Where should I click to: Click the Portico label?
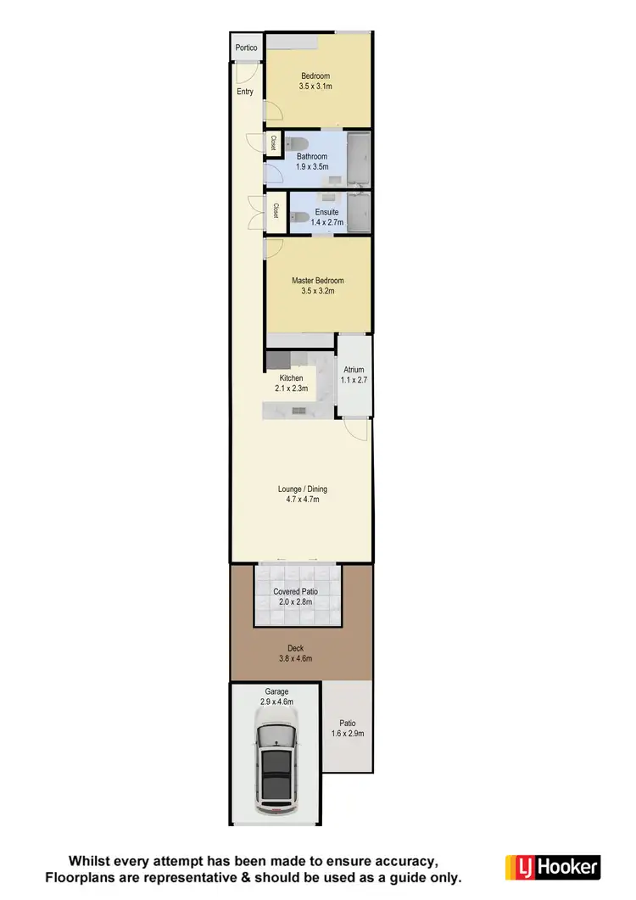[x=246, y=48]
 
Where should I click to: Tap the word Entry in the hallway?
[x=245, y=92]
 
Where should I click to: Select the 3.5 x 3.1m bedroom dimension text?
[x=315, y=87]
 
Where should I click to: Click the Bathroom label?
[x=312, y=156]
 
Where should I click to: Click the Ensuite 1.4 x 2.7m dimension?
[x=326, y=221]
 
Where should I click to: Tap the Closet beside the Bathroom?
[x=274, y=144]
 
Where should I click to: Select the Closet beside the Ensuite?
[x=276, y=211]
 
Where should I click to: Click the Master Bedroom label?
[x=318, y=281]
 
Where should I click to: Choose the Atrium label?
[x=354, y=370]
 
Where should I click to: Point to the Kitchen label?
[x=291, y=378]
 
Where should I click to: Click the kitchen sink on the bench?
[x=298, y=411]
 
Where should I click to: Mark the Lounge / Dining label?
[x=303, y=489]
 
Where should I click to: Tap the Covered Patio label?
[x=297, y=591]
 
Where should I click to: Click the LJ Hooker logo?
[x=552, y=867]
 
